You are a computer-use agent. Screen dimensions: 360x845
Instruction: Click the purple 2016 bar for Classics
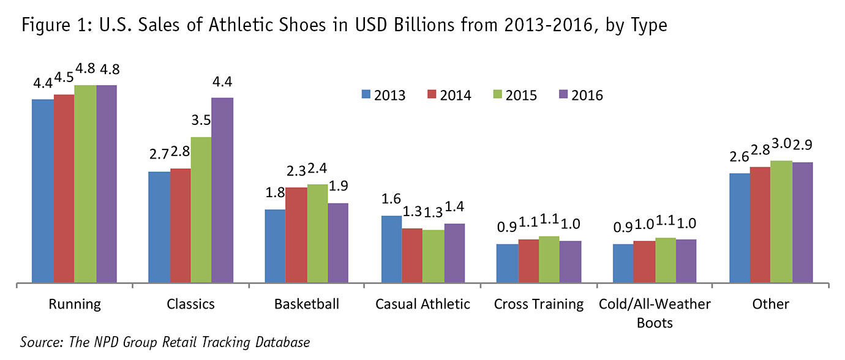tap(222, 190)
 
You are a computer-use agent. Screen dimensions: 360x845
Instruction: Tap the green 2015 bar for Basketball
tap(317, 233)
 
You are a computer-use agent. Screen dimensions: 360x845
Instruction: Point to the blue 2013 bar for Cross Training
tap(506, 263)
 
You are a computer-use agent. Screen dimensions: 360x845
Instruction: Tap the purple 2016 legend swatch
tap(565, 94)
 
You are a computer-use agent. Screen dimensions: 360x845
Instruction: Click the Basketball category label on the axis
tap(307, 304)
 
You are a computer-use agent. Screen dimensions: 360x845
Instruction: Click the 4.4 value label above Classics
tap(222, 83)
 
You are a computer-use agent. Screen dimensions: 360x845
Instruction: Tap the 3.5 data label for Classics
tap(201, 121)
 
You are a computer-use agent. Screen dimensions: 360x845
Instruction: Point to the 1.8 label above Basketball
tap(275, 193)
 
